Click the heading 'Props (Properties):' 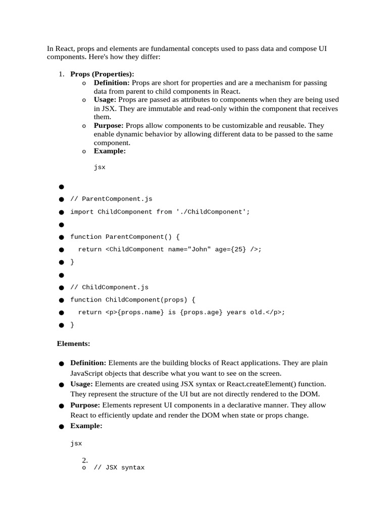click(x=102, y=74)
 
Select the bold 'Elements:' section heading click(x=73, y=343)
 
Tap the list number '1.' click(x=61, y=74)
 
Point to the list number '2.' click(x=85, y=460)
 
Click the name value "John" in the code click(x=199, y=249)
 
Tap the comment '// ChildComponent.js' click(x=109, y=287)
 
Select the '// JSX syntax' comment click(x=119, y=468)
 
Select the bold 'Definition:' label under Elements click(x=88, y=363)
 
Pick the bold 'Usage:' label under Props click(x=105, y=100)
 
